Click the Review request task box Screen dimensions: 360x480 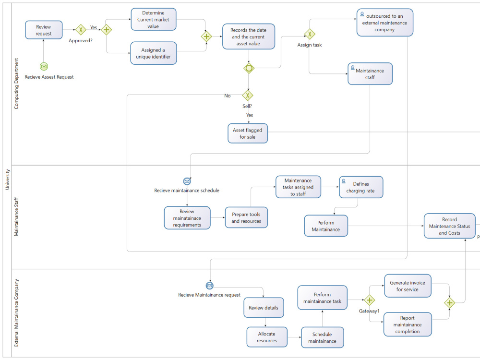coord(44,30)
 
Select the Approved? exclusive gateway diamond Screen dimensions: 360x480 coord(81,30)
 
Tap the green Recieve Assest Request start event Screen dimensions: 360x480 coord(44,67)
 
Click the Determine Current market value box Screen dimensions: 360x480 coord(153,19)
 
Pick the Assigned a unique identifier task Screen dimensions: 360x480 coord(153,53)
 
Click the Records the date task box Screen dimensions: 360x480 coord(248,36)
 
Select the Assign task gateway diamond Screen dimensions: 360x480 coord(310,34)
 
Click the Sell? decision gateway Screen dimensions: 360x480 coord(248,96)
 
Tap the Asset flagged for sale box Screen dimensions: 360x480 coord(248,133)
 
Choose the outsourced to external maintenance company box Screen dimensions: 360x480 coord(384,23)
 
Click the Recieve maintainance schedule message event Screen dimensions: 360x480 coord(187,181)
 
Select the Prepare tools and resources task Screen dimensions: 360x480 coord(246,217)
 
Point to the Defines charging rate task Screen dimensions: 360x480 coord(360,187)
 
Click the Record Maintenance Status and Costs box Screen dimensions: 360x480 coord(449,226)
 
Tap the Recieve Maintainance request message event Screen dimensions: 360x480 coord(209,286)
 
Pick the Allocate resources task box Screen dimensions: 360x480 coord(267,337)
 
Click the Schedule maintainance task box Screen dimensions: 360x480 coord(322,337)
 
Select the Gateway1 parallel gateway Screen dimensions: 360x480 coord(369,300)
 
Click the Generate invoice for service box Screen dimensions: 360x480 coord(408,286)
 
